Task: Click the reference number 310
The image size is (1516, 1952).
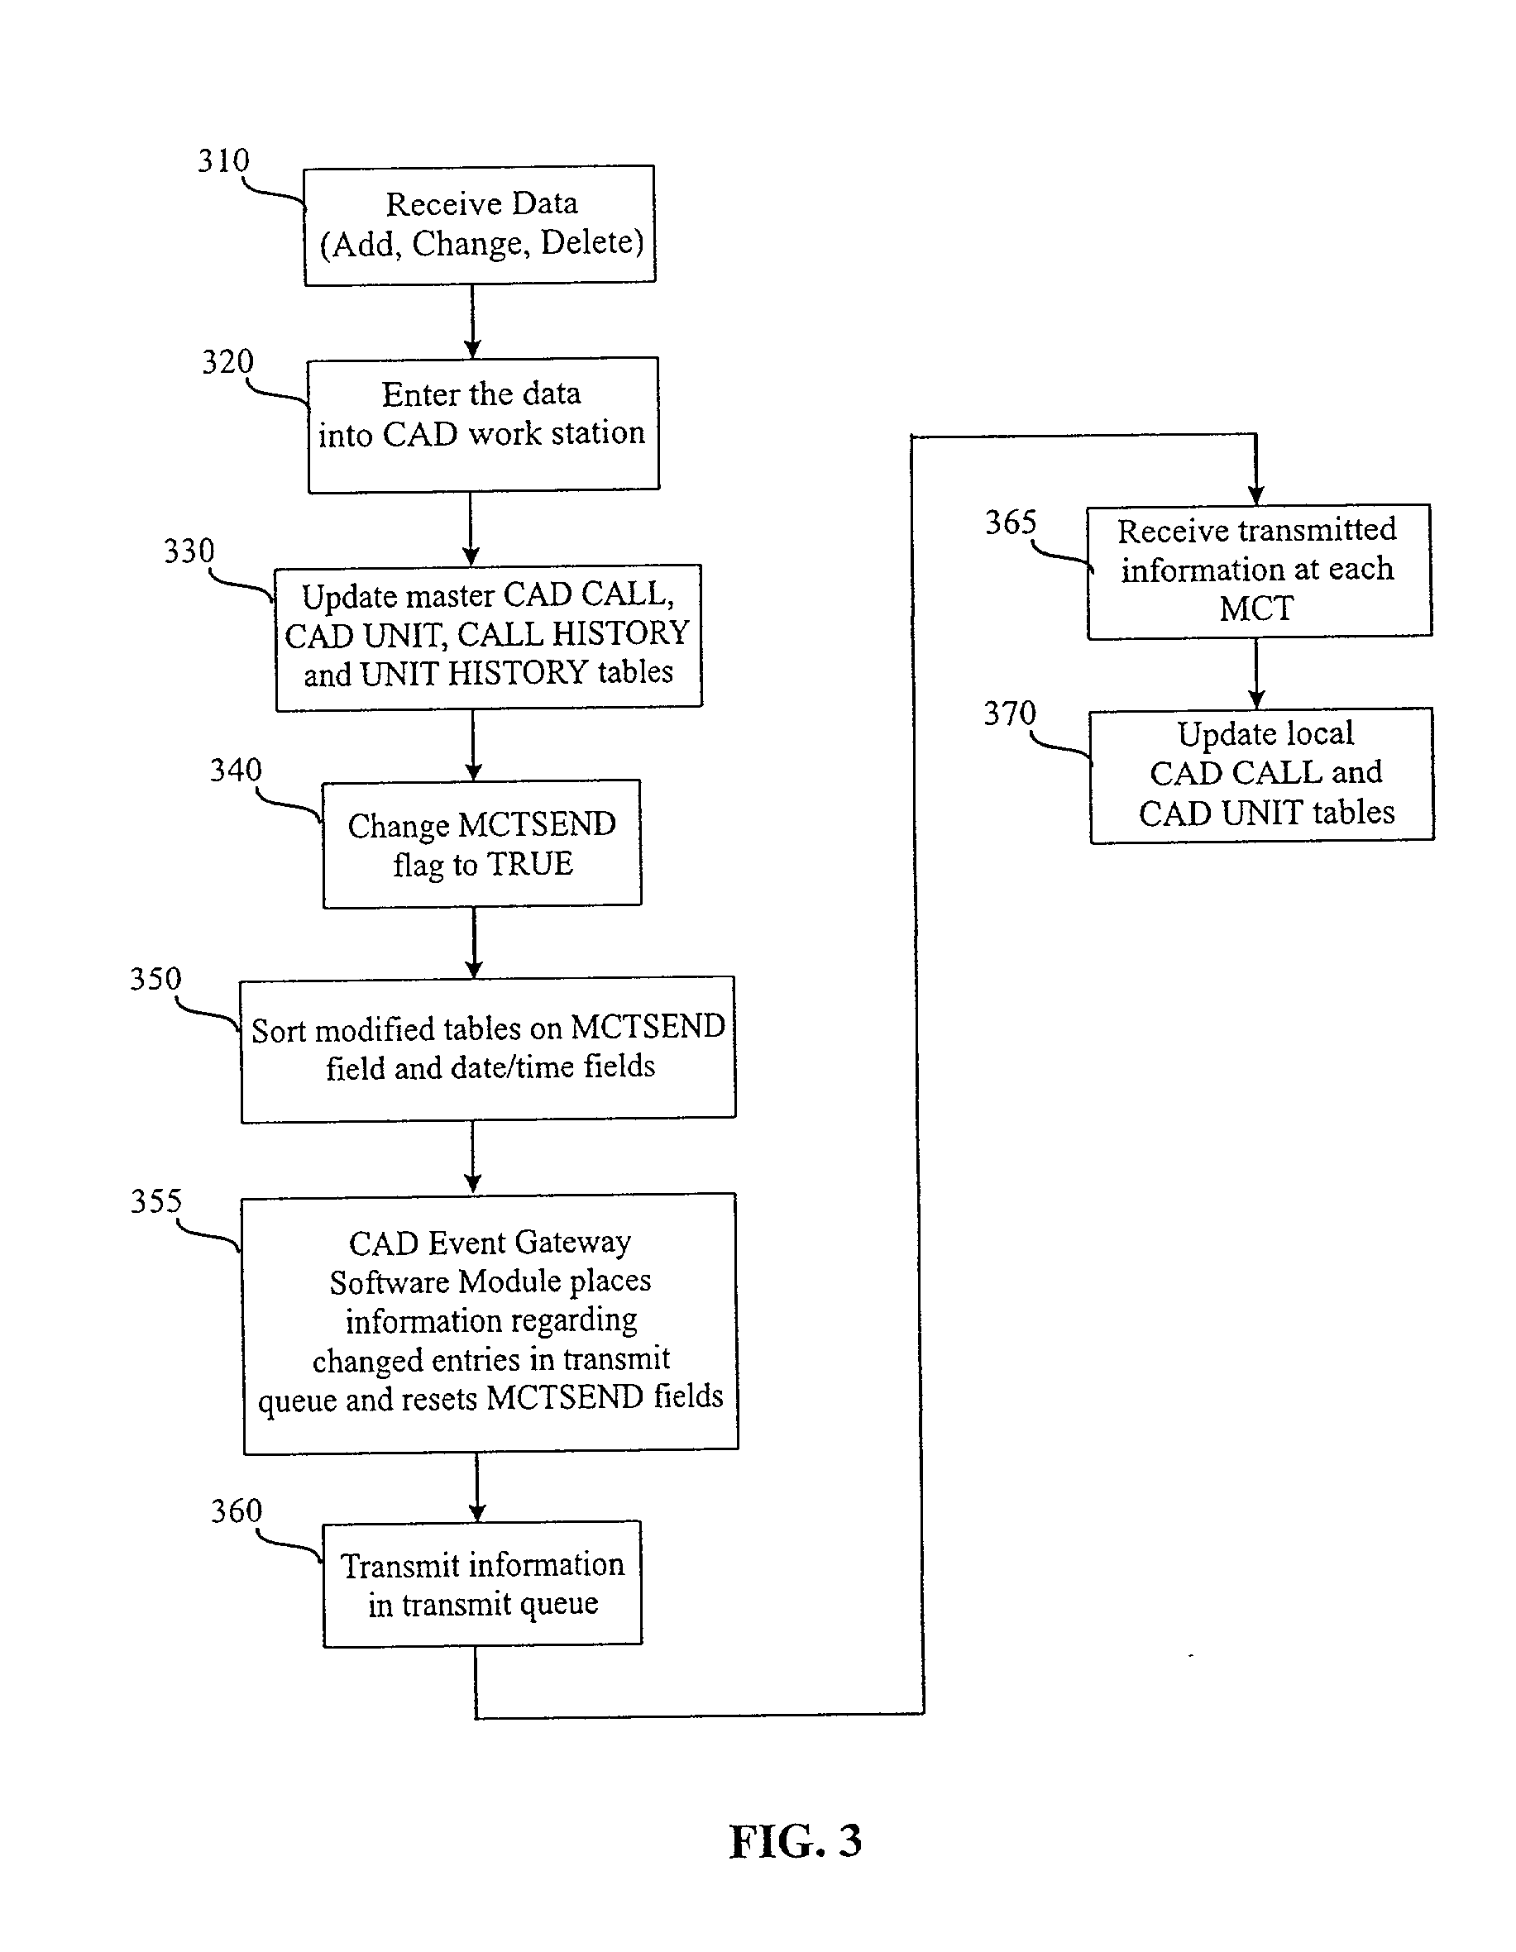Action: pos(223,161)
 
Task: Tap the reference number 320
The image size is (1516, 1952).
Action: pos(228,362)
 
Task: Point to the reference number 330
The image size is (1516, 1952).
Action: pos(189,551)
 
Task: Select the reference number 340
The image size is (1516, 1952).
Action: pos(236,770)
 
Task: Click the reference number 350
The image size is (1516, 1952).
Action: pos(155,979)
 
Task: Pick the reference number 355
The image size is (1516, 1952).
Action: pos(156,1200)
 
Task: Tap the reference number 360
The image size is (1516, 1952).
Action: pos(237,1511)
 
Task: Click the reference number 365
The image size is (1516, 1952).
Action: pos(1011,522)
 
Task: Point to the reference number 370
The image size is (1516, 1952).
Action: pos(1010,714)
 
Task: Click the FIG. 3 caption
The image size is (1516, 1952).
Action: pos(796,1841)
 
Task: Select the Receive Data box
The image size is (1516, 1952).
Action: pos(480,224)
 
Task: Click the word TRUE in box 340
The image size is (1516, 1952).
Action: pos(529,864)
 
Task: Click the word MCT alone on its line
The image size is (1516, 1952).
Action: pos(1257,609)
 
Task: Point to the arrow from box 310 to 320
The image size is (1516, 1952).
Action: pos(473,322)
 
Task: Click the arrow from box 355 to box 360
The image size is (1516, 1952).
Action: pos(476,1487)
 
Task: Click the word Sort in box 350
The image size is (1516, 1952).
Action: pos(279,1030)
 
